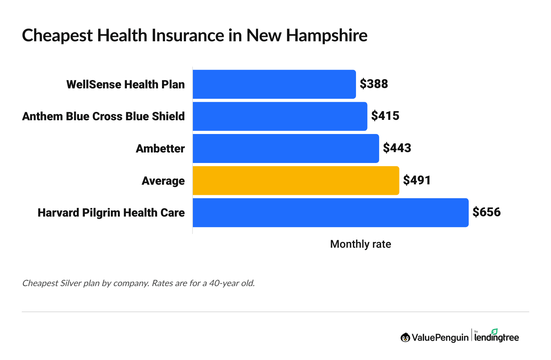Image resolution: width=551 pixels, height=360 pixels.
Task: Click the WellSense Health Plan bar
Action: click(x=274, y=84)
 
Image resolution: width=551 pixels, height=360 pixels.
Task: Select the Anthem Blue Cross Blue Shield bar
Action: click(x=280, y=116)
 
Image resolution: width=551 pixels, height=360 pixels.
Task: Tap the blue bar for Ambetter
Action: click(x=286, y=148)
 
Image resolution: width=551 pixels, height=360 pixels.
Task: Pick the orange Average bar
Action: click(x=296, y=180)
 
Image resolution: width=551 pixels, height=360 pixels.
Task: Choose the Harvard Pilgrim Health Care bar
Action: click(x=330, y=213)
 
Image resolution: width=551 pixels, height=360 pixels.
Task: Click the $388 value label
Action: click(x=374, y=84)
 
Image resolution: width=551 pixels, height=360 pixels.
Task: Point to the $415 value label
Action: click(x=385, y=116)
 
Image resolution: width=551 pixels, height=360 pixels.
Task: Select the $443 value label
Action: click(x=397, y=148)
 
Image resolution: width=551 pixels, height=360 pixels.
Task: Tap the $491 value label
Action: click(x=417, y=180)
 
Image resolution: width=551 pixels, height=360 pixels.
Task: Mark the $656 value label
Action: click(x=486, y=212)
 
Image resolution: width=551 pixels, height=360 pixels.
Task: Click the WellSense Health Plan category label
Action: click(x=125, y=84)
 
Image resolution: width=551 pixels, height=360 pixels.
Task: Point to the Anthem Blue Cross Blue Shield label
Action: click(x=103, y=116)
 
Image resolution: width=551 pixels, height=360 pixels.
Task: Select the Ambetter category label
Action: click(x=160, y=148)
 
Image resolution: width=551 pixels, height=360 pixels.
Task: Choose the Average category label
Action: click(x=163, y=181)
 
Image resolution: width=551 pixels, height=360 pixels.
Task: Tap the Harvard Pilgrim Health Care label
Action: click(x=111, y=213)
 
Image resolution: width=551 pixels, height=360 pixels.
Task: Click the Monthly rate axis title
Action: click(x=360, y=244)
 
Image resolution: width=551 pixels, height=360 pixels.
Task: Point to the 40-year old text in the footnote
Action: click(x=232, y=283)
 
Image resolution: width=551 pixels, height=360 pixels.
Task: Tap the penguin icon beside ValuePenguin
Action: click(x=405, y=338)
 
